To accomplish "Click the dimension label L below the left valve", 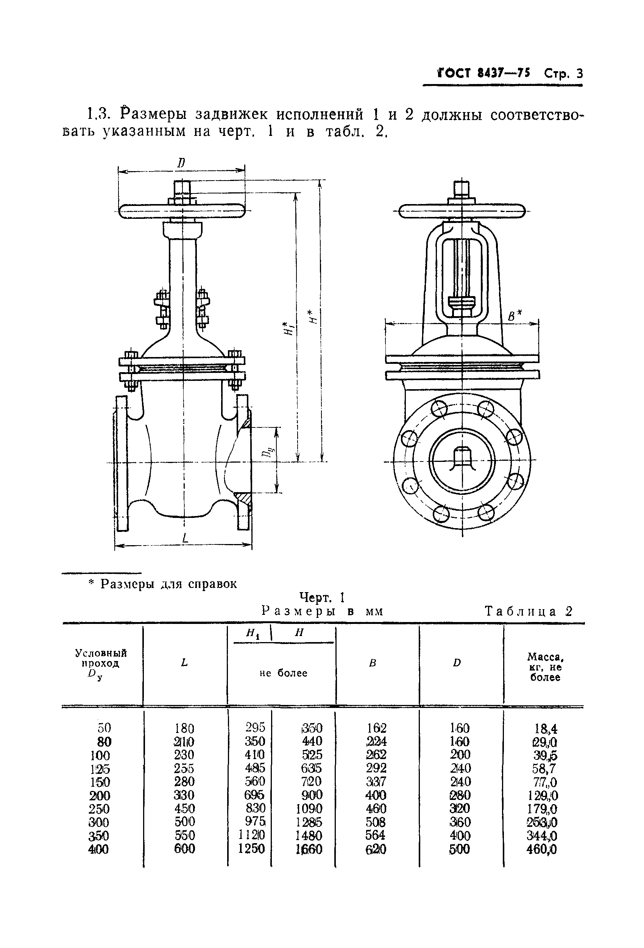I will tap(185, 539).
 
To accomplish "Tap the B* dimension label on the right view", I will tap(515, 315).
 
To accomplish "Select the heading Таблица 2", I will tap(529, 611).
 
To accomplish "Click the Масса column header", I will tap(545, 667).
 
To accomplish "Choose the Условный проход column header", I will tap(101, 664).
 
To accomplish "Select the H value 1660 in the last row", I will tap(308, 849).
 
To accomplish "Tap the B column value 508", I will tap(375, 822).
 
